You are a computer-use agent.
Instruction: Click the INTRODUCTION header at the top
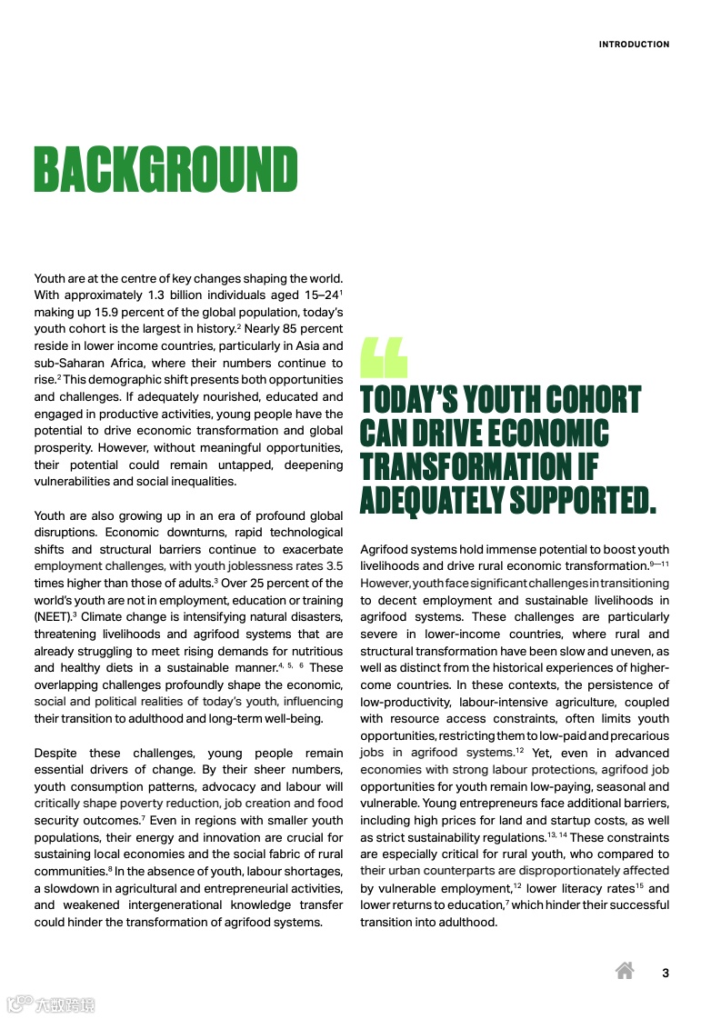[x=634, y=45]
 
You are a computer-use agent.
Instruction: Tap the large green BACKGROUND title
[x=166, y=170]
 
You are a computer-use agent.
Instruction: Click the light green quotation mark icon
[x=384, y=357]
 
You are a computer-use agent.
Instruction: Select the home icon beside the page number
[x=625, y=971]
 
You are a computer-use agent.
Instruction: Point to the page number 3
[x=666, y=973]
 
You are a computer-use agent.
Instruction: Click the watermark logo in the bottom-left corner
[x=50, y=1004]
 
